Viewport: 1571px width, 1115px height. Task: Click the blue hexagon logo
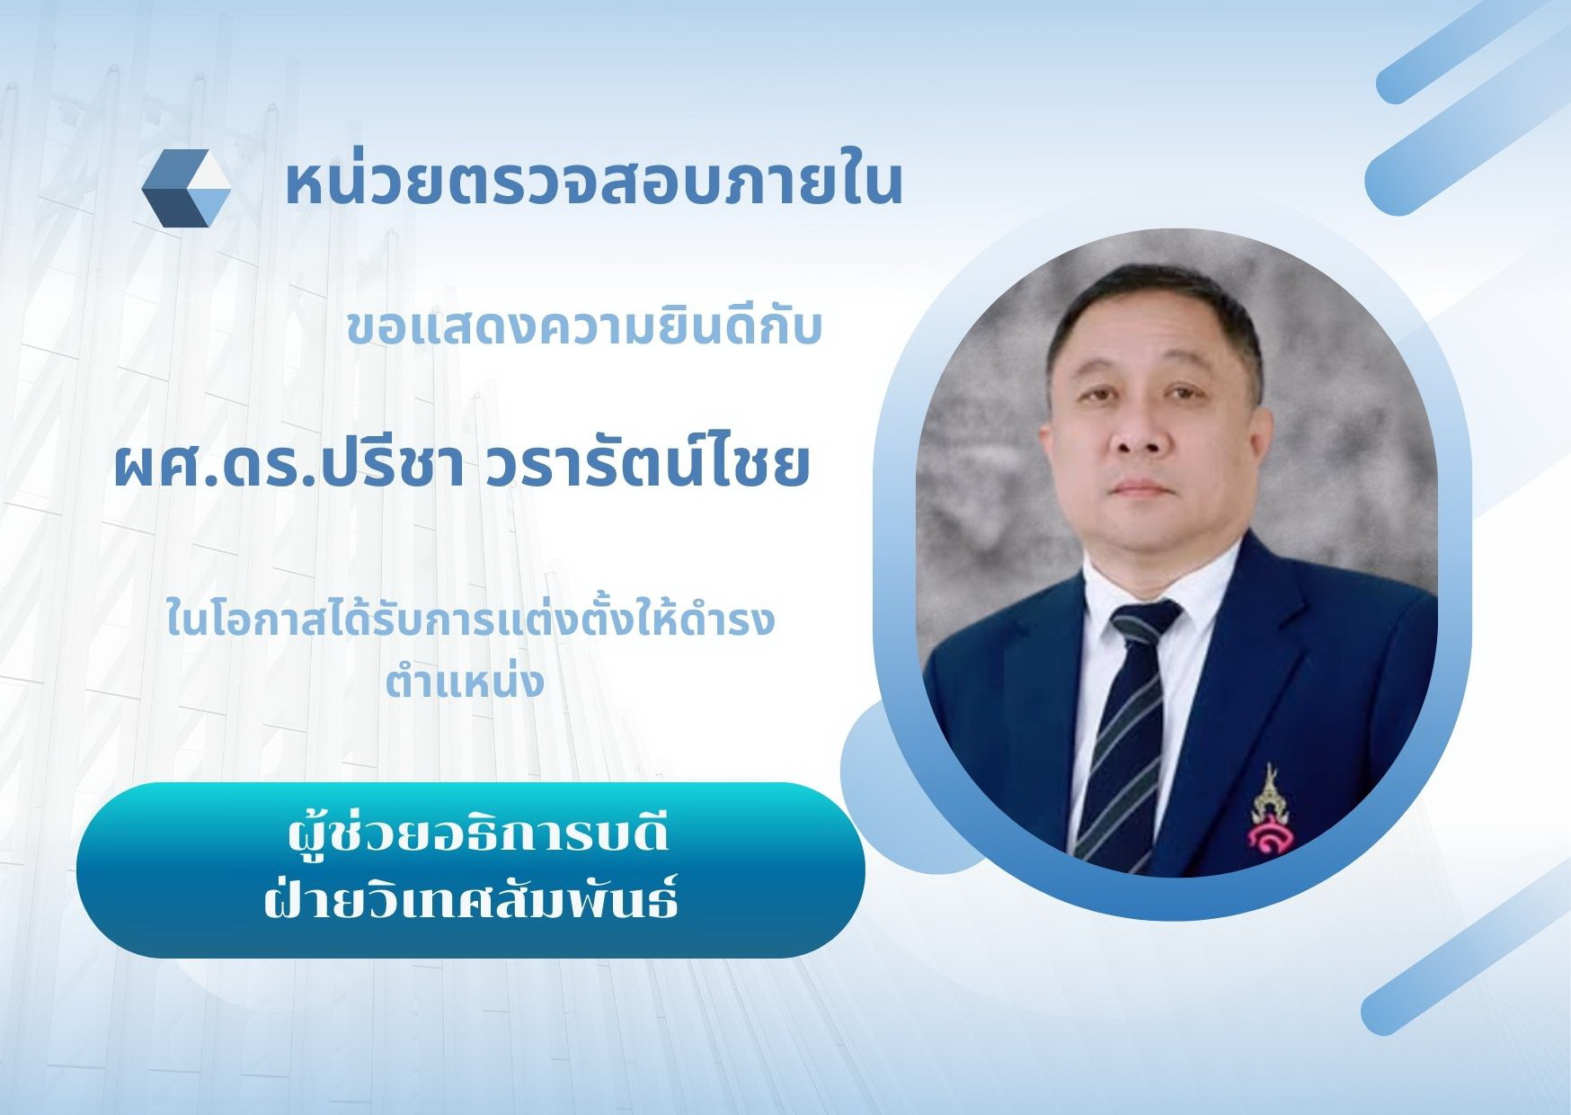click(x=186, y=188)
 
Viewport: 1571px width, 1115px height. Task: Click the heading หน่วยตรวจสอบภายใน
click(x=593, y=183)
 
